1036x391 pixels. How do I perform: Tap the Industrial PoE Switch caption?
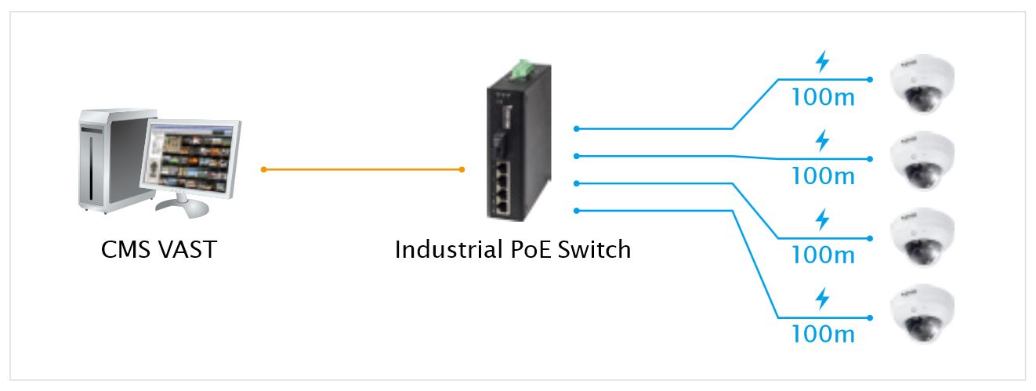513,250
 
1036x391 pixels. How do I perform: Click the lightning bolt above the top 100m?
822,61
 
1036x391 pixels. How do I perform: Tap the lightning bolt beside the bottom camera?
822,299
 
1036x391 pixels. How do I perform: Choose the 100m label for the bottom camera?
822,335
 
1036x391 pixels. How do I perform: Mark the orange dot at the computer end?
264,169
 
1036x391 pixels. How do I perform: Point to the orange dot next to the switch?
462,169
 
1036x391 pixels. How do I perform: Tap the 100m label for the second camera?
822,176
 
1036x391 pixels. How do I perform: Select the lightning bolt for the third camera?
822,220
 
